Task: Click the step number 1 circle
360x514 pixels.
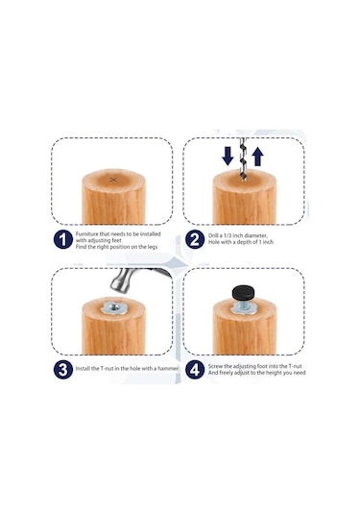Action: click(x=62, y=240)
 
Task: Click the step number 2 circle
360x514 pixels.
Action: click(x=195, y=240)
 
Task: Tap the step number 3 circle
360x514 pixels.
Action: click(x=62, y=370)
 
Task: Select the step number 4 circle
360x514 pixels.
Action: click(x=195, y=370)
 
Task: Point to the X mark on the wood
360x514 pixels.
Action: click(x=113, y=180)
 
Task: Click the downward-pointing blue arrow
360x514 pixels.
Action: click(x=228, y=157)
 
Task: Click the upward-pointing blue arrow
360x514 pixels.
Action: click(x=258, y=157)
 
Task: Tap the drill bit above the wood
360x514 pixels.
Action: click(x=243, y=159)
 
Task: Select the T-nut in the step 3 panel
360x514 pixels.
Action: click(x=113, y=308)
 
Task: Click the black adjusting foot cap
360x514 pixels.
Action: click(x=244, y=293)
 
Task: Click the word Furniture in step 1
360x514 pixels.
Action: click(x=86, y=234)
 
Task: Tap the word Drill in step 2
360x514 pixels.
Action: click(x=213, y=235)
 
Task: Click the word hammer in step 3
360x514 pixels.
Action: click(x=168, y=369)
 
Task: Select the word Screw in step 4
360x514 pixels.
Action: click(x=215, y=366)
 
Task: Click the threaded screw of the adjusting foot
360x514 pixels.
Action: click(x=244, y=304)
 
